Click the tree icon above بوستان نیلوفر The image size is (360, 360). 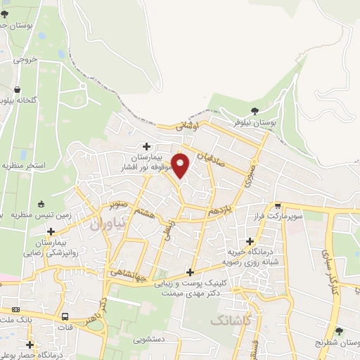point(255,110)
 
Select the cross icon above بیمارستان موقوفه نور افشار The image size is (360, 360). point(146,146)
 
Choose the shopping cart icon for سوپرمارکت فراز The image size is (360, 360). point(279,207)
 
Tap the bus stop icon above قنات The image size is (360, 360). point(65,316)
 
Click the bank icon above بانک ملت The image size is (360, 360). point(15,310)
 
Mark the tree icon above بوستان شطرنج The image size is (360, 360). point(340,330)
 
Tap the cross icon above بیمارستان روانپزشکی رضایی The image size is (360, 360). point(50,231)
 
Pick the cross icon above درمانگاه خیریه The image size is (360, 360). point(250,241)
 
